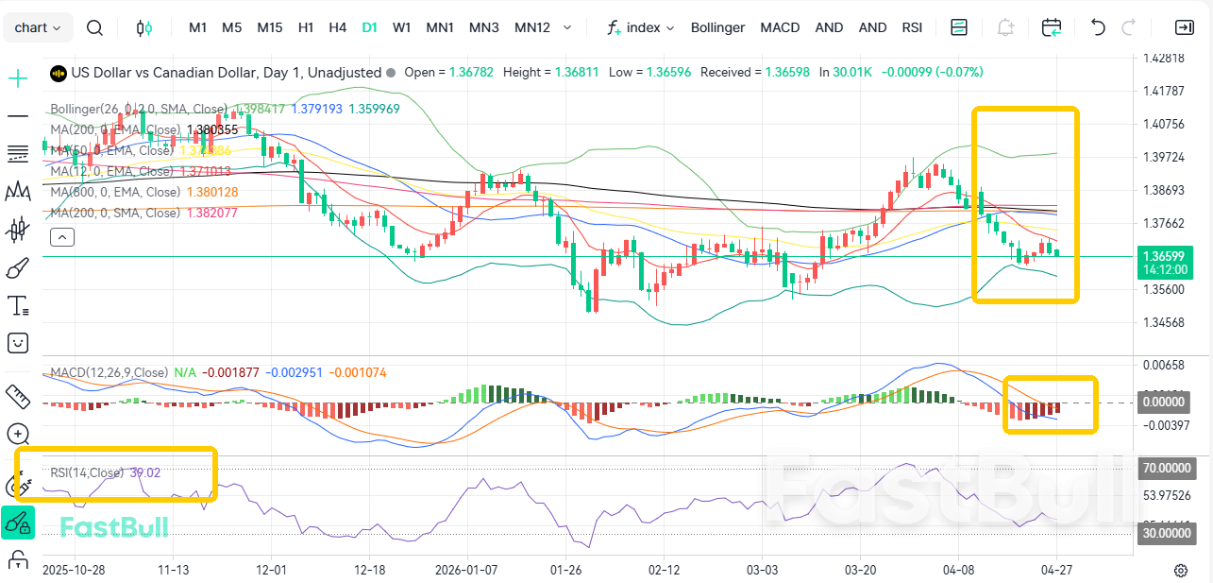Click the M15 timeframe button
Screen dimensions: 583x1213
point(269,27)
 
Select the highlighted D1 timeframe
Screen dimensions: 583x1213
point(369,27)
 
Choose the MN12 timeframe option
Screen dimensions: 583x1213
point(531,27)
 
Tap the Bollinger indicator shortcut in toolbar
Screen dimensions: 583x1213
point(717,27)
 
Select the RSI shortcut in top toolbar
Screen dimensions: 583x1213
point(912,27)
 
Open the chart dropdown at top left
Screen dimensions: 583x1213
point(38,27)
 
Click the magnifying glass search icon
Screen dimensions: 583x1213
point(94,27)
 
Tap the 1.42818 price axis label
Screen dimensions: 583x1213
point(1163,59)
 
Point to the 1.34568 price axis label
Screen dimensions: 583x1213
point(1163,323)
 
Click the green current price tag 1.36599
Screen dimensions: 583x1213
point(1163,256)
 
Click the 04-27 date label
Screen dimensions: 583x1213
point(1055,571)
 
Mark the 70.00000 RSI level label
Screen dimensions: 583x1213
point(1167,468)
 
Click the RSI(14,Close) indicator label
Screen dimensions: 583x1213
point(87,472)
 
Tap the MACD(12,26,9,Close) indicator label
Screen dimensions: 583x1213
point(109,372)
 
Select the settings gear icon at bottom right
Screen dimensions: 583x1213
point(1180,571)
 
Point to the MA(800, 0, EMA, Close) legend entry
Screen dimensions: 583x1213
point(115,192)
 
